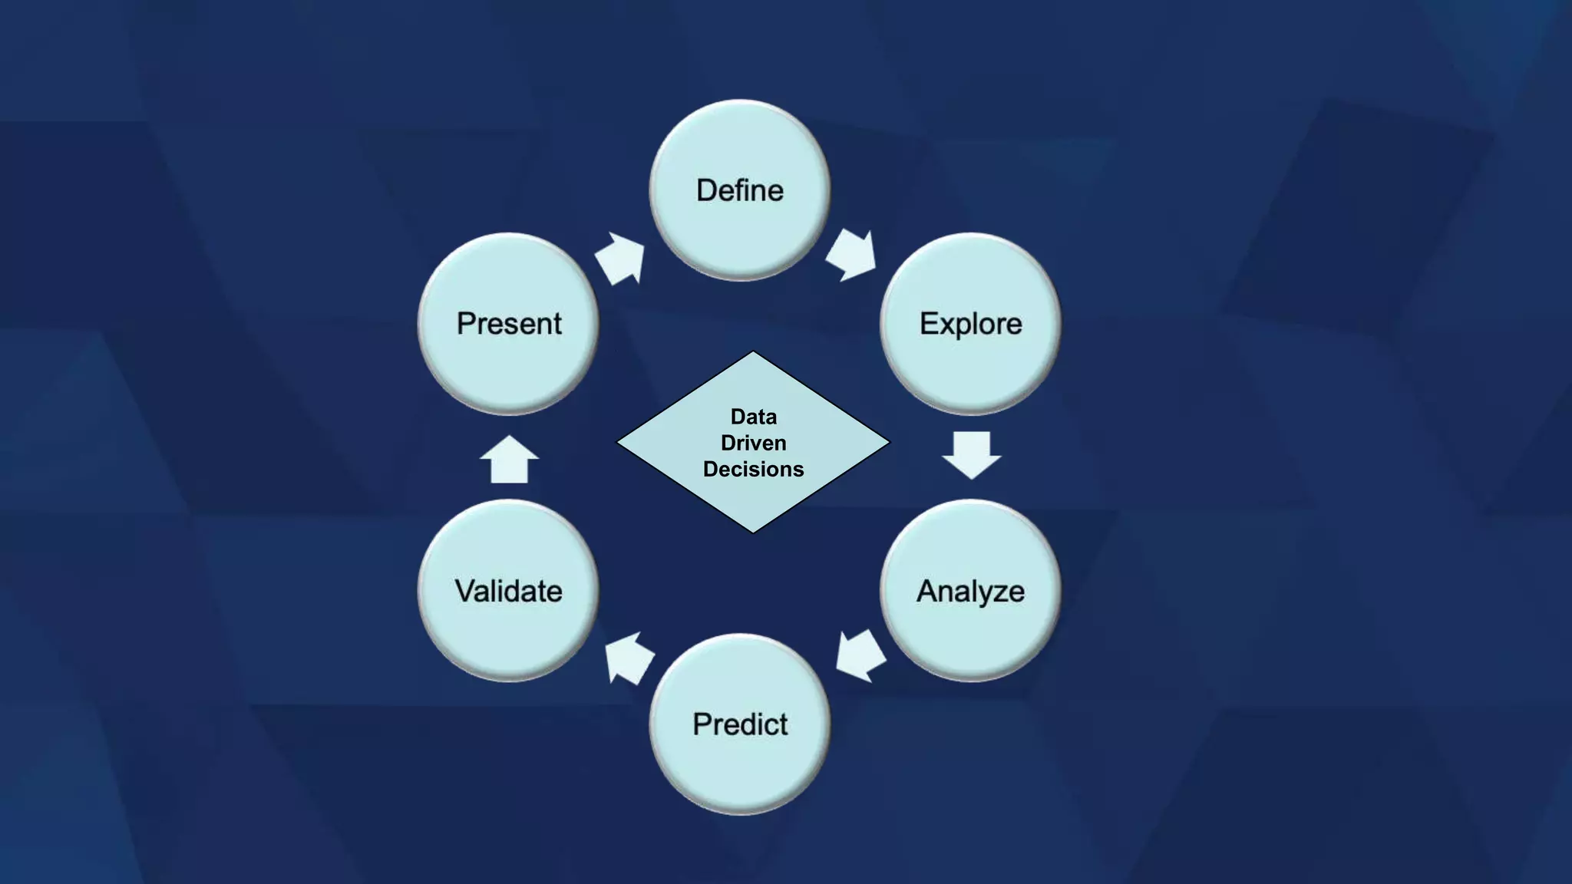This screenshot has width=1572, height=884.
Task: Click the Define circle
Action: tap(739, 190)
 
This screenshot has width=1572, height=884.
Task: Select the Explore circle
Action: tap(970, 323)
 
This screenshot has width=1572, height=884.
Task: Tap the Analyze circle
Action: tap(970, 590)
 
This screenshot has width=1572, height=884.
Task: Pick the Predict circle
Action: tap(739, 724)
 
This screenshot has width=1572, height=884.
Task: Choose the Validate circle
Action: tap(508, 590)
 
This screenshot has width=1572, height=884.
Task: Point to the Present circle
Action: tap(508, 323)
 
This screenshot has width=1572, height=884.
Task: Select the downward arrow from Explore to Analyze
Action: tap(971, 454)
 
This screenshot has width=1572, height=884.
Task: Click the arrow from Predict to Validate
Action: tap(629, 658)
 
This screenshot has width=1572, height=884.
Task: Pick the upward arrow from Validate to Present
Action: tap(509, 460)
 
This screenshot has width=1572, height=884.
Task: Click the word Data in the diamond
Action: tap(753, 417)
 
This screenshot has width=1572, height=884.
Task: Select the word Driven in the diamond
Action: tap(753, 443)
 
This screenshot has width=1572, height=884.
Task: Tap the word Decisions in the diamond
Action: tap(753, 469)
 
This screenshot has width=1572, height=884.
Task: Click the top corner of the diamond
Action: tap(753, 354)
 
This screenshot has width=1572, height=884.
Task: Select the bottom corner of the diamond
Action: tap(753, 530)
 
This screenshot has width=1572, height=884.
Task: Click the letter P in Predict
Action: tap(701, 724)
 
